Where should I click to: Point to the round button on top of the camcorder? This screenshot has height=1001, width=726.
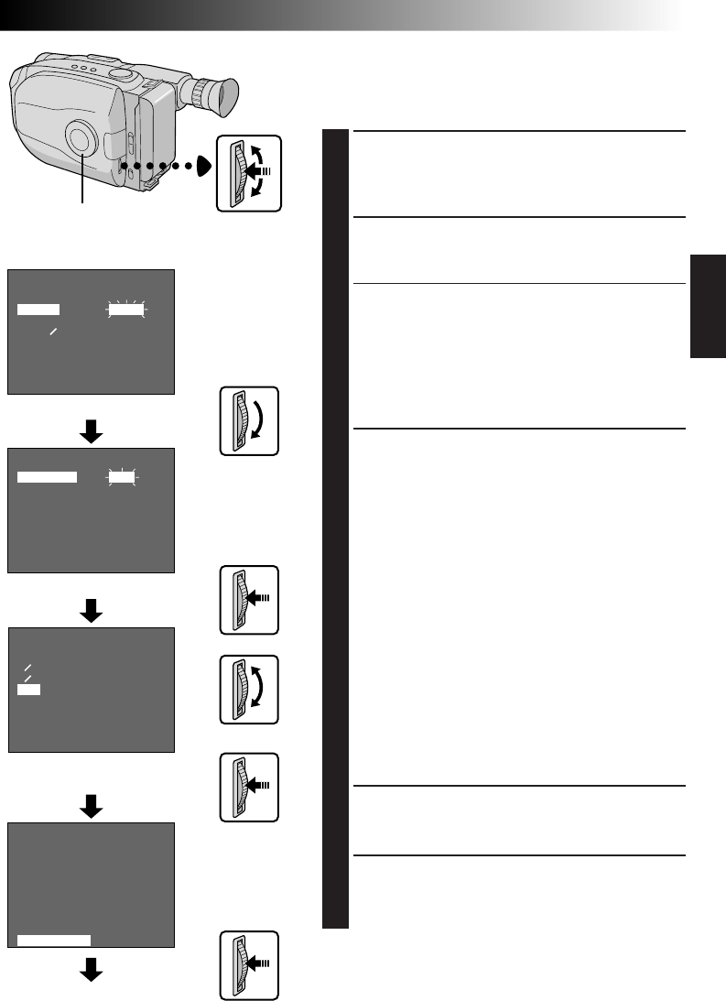point(119,74)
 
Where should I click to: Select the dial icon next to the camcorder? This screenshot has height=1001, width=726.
point(249,172)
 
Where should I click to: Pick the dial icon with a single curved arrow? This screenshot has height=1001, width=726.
point(249,421)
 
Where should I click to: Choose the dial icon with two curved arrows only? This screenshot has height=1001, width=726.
point(249,690)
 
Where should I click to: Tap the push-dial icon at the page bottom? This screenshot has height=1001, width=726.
point(249,966)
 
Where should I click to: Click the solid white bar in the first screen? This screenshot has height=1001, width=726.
point(38,310)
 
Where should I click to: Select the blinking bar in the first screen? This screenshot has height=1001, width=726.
point(126,310)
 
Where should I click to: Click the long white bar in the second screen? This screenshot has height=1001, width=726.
point(48,477)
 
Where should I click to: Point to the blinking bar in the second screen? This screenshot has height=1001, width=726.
point(120,477)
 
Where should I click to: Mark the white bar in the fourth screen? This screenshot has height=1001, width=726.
point(54,939)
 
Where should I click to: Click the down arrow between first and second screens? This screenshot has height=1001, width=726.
point(92,431)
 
